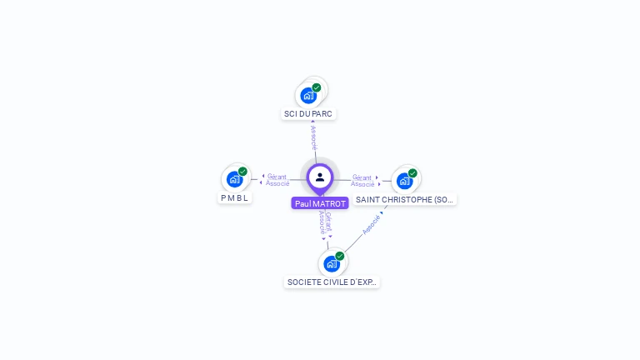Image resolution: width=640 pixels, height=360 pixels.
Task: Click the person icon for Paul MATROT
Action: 320,177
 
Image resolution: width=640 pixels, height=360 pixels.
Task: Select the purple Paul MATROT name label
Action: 320,203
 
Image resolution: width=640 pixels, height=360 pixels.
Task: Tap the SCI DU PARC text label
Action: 308,113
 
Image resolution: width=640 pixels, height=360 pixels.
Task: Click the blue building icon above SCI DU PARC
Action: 308,96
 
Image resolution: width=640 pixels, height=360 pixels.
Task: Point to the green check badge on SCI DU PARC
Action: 317,87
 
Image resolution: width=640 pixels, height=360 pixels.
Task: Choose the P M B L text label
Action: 235,198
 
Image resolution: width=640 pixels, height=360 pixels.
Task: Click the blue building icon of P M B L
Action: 235,179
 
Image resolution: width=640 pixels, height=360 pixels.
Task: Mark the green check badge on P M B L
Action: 242,172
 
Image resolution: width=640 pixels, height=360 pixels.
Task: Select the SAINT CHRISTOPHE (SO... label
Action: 405,199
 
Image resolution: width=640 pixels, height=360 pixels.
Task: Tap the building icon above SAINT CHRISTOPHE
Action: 404,181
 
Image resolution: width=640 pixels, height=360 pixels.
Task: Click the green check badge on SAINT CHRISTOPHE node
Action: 412,173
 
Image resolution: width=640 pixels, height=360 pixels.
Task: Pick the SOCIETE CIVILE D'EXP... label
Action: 332,282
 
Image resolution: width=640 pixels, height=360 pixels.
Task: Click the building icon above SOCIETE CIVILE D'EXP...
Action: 331,264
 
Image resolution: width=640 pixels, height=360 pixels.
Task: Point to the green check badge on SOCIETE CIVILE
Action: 340,256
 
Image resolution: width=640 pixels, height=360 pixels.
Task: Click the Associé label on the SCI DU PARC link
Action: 313,137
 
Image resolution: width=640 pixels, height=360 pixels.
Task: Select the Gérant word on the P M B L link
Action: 277,177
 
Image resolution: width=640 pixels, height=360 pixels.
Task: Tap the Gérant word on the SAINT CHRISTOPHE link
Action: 362,177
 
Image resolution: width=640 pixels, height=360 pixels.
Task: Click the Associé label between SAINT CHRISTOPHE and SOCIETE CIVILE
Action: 371,225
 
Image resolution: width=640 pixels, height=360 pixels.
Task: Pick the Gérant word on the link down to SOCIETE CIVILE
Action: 328,221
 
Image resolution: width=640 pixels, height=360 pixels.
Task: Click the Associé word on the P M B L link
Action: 278,183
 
